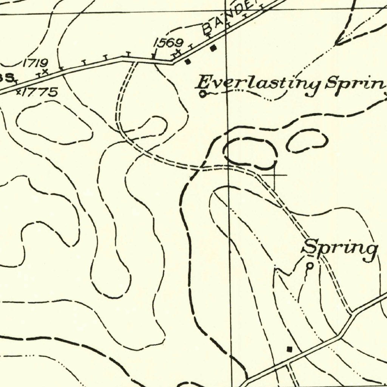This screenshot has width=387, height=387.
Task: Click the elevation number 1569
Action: click(168, 43)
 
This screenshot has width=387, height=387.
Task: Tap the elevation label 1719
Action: click(35, 62)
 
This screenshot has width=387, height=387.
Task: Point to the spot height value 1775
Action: click(40, 92)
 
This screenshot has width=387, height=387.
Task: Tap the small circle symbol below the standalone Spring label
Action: click(310, 266)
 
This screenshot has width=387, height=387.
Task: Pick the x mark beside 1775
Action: click(18, 91)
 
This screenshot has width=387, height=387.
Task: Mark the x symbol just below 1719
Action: click(45, 71)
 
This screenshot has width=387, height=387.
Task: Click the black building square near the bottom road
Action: click(290, 349)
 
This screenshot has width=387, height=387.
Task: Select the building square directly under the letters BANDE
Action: click(213, 48)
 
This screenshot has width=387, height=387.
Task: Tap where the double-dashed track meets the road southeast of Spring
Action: click(351, 312)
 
